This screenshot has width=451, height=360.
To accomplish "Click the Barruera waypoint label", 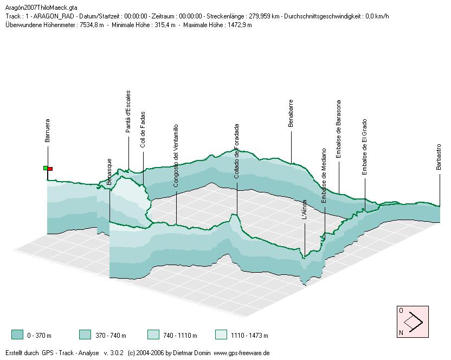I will click(x=47, y=131).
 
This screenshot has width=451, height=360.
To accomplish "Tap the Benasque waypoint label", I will click(x=109, y=172).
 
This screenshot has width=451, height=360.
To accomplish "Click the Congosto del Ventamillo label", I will click(x=176, y=156).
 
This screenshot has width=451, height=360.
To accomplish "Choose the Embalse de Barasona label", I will click(x=339, y=129).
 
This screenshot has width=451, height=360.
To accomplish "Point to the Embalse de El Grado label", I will click(x=365, y=147).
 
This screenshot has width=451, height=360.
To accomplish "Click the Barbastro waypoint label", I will click(x=439, y=157).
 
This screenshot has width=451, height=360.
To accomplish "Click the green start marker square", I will click(x=46, y=168).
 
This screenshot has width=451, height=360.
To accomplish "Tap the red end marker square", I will click(x=50, y=169).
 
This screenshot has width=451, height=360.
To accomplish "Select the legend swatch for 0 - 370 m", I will click(x=17, y=335).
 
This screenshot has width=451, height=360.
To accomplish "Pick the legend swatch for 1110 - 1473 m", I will click(x=221, y=335).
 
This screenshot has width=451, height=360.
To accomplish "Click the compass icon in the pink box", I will click(x=413, y=322).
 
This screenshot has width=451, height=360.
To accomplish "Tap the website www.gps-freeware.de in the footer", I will click(x=241, y=353).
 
